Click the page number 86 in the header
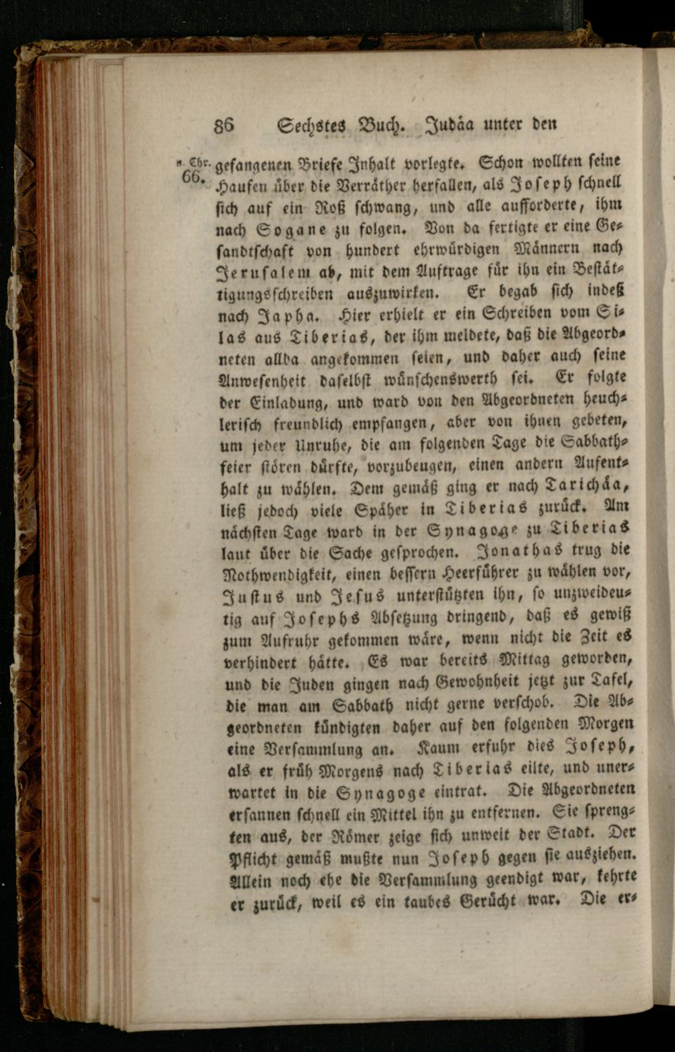[x=223, y=126]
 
